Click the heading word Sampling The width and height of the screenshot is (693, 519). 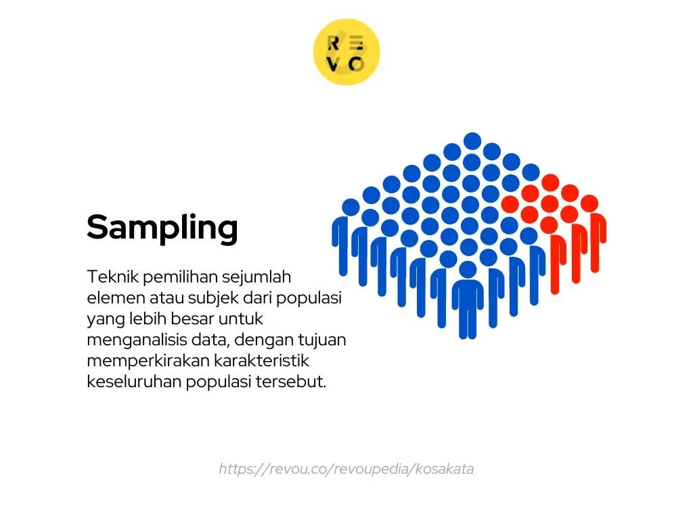click(x=162, y=228)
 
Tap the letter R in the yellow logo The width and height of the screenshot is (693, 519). click(x=334, y=43)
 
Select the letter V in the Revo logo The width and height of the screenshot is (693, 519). click(x=334, y=64)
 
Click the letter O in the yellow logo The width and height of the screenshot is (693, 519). click(x=357, y=64)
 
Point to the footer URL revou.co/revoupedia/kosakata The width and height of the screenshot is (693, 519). click(x=346, y=469)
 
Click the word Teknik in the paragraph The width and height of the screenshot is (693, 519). click(x=112, y=276)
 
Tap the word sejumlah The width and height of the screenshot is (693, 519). click(x=256, y=276)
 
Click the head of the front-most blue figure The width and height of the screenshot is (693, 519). click(x=468, y=270)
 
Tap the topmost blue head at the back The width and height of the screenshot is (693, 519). click(x=472, y=141)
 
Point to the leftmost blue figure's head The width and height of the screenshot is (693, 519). click(x=351, y=207)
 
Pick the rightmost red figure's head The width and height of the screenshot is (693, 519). click(x=589, y=203)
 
